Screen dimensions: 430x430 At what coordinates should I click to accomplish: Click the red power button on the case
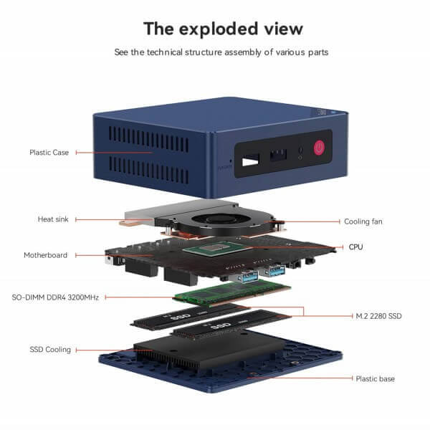[x=319, y=148]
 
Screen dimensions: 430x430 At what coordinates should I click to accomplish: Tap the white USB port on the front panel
[x=250, y=161]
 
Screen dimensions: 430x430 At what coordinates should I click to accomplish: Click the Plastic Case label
[x=49, y=153]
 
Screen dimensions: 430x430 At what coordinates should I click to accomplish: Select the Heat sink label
[x=53, y=219]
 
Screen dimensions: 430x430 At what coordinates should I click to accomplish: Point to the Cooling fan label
[x=363, y=221]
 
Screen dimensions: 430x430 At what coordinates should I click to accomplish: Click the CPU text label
[x=355, y=247]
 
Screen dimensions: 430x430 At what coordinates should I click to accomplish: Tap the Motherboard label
[x=46, y=255]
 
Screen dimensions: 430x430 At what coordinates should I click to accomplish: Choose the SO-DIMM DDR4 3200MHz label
[x=55, y=297]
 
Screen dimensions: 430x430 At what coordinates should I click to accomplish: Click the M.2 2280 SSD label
[x=378, y=316]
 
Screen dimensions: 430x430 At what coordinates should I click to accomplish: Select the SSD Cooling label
[x=50, y=350]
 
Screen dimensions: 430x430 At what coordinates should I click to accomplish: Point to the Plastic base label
[x=375, y=378]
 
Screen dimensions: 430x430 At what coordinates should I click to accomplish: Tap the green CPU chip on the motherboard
[x=214, y=249]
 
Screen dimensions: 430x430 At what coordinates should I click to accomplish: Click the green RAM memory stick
[x=232, y=293]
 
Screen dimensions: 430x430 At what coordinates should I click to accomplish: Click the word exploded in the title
[x=219, y=29]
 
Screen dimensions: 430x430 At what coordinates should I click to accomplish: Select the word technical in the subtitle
[x=165, y=52]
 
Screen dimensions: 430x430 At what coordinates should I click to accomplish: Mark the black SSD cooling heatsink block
[x=209, y=352]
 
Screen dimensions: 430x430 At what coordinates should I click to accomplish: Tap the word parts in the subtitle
[x=318, y=52]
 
